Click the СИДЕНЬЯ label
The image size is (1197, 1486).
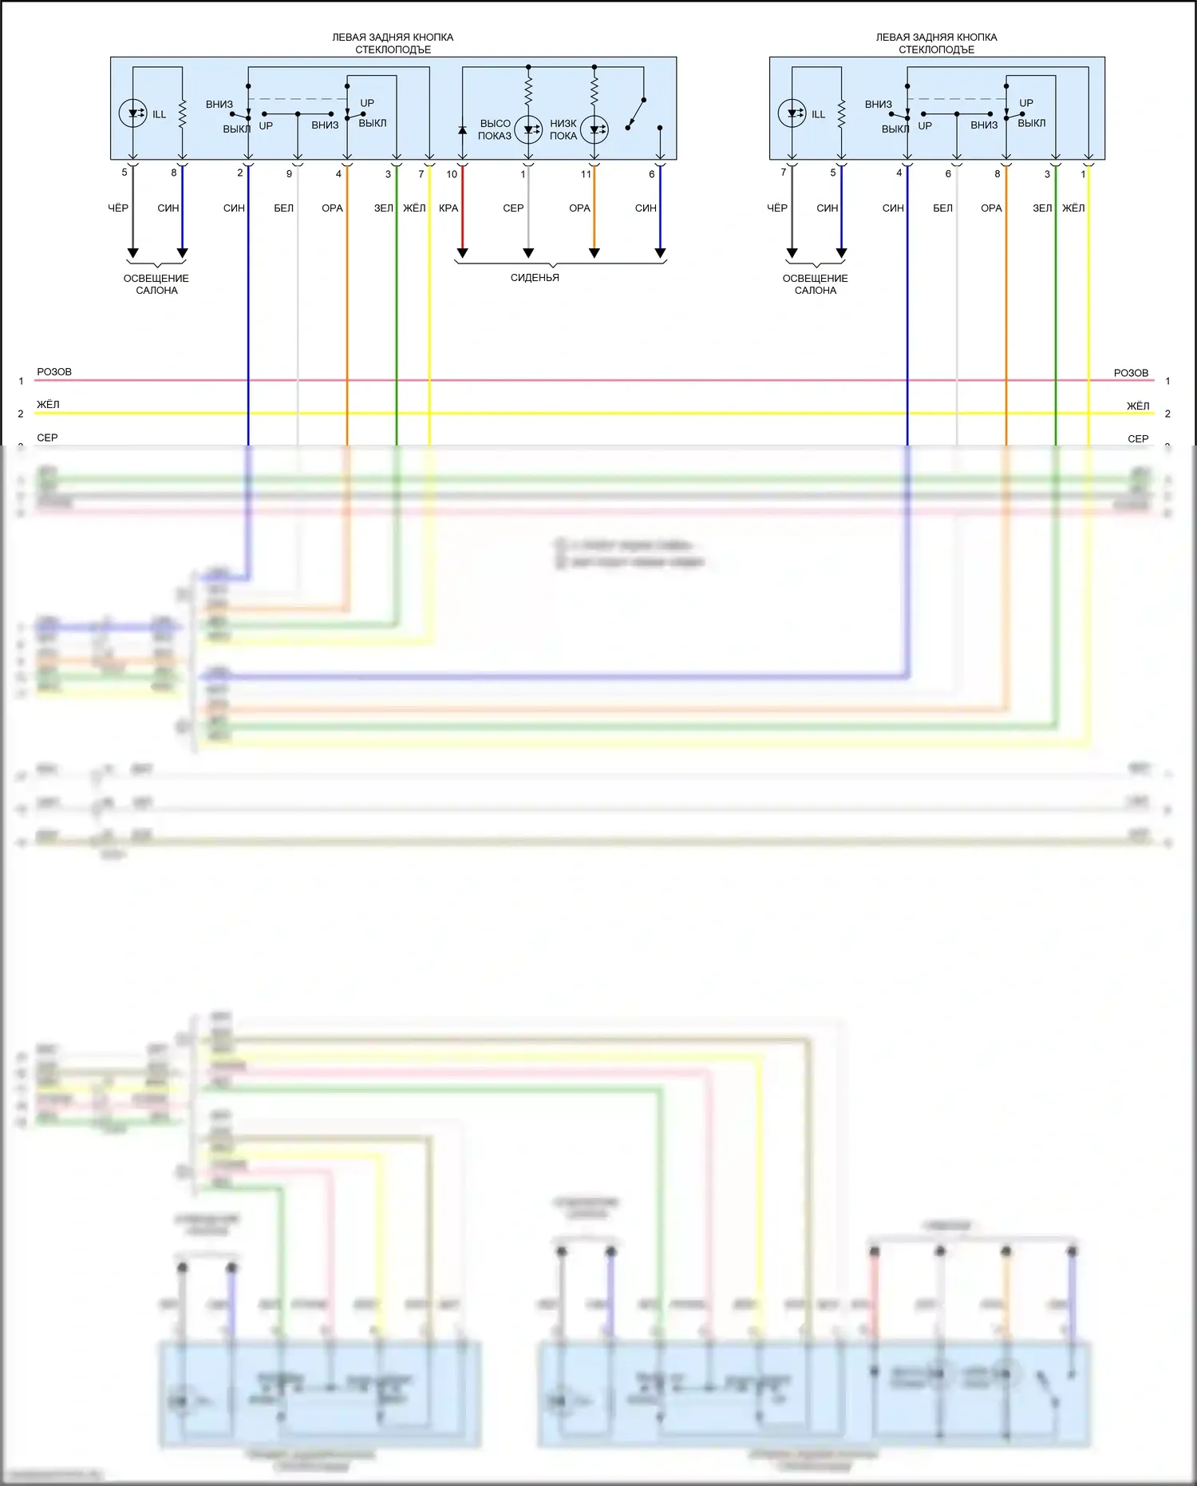point(535,278)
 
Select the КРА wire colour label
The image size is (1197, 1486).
point(448,208)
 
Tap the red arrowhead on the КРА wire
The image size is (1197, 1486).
point(462,253)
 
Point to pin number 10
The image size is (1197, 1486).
point(452,174)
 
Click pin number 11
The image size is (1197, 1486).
point(586,174)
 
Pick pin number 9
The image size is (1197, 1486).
point(289,174)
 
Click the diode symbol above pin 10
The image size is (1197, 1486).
point(462,129)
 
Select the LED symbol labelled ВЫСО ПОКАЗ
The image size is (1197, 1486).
point(528,129)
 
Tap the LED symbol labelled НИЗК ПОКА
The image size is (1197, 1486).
point(595,129)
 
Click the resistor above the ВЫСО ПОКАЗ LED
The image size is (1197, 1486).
point(528,89)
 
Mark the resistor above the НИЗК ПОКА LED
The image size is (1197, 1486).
point(595,89)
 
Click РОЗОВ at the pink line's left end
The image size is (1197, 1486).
point(54,372)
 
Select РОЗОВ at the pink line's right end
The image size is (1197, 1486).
point(1131,373)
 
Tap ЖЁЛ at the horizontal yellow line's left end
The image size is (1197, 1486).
point(48,405)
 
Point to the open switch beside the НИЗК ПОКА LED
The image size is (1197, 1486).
point(636,113)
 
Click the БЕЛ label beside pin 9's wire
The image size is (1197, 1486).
point(284,208)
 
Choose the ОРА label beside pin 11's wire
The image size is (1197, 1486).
point(579,208)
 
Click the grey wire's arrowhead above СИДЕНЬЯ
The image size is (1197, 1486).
point(528,253)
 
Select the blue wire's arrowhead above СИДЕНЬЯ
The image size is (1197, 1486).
point(660,253)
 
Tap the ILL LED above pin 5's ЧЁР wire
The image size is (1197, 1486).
point(132,113)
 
